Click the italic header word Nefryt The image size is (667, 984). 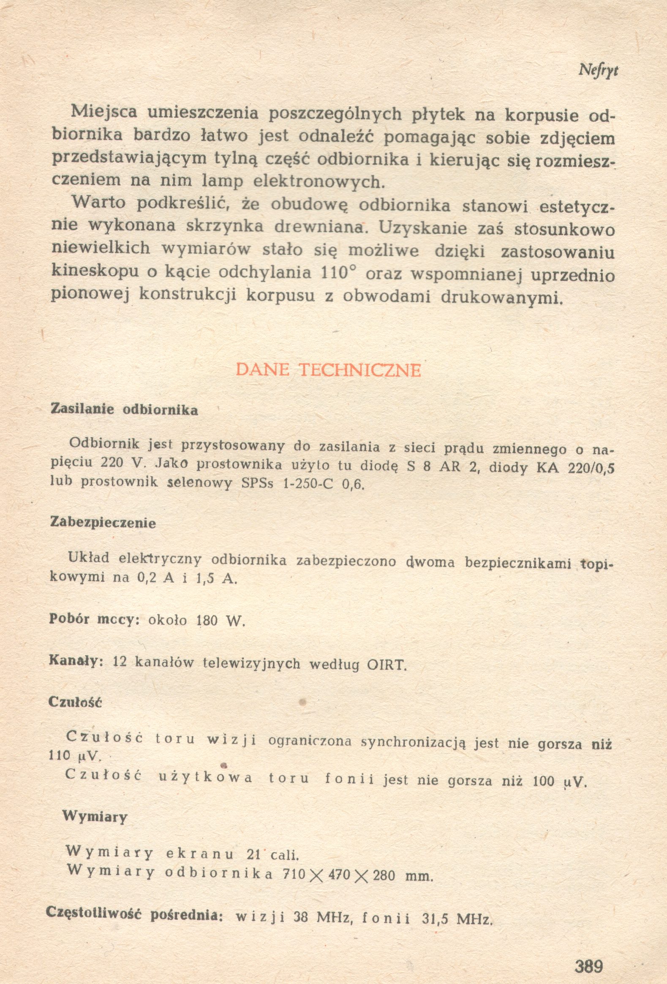(x=598, y=71)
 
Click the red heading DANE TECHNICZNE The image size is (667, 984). (x=328, y=370)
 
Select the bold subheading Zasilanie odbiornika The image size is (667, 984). (x=124, y=410)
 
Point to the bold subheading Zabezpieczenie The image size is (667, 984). (x=103, y=523)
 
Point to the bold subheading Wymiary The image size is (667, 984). (x=95, y=817)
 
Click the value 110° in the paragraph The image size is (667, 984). (x=338, y=273)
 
